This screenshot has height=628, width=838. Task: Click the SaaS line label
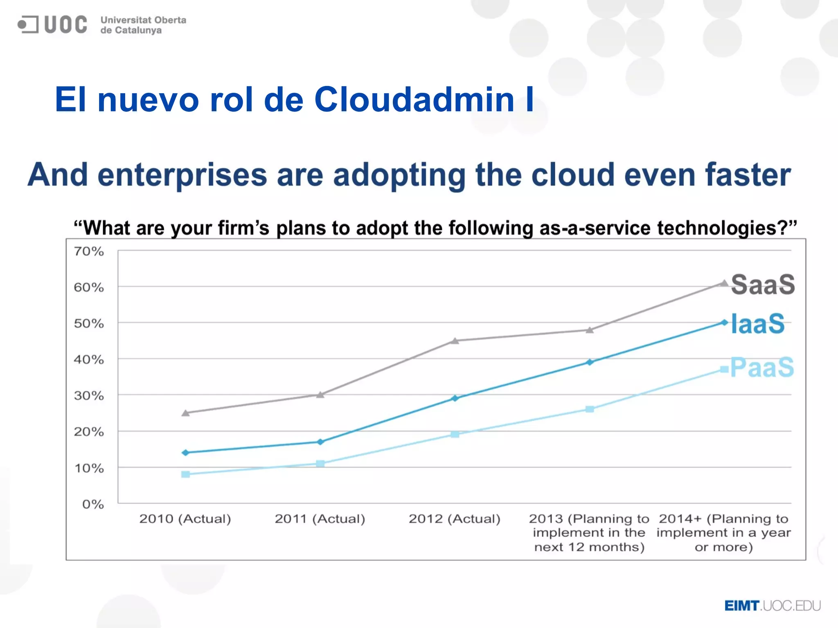(x=763, y=285)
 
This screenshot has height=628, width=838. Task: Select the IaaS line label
(x=758, y=324)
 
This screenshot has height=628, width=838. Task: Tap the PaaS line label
(x=762, y=367)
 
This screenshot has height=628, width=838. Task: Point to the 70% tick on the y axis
(x=89, y=251)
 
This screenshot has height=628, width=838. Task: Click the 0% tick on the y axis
(x=93, y=504)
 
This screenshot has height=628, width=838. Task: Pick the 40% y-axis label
(x=89, y=360)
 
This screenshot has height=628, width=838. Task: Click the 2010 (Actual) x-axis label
(x=185, y=519)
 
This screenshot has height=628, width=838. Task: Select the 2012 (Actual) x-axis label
(x=454, y=519)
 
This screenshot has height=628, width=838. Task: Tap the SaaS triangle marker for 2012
(x=455, y=341)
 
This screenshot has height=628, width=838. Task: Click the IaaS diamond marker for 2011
(x=320, y=442)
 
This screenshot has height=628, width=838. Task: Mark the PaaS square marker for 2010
(x=185, y=474)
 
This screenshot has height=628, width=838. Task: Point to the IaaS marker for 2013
(x=590, y=362)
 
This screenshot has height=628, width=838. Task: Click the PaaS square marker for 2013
(x=590, y=409)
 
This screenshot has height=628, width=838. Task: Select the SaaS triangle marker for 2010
(x=185, y=413)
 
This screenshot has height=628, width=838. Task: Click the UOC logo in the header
(x=52, y=25)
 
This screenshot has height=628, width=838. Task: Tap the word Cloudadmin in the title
(x=414, y=100)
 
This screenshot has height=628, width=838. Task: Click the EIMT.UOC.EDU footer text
(x=772, y=606)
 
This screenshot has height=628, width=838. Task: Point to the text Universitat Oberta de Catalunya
(x=143, y=25)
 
